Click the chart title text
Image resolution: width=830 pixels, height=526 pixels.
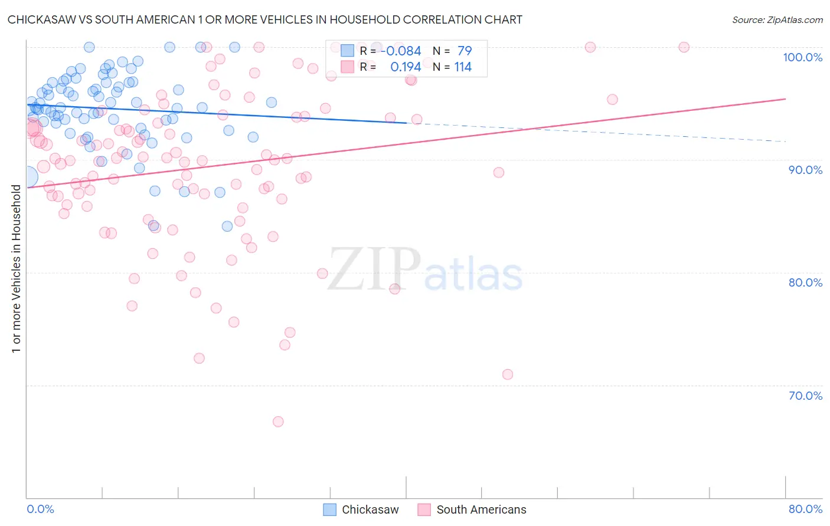264,19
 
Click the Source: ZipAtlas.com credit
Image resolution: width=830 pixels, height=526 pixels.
777,19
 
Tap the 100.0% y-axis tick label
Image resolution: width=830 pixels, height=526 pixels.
802,57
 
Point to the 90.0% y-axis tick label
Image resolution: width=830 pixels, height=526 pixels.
805,170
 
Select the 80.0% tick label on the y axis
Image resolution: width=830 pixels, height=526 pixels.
805,282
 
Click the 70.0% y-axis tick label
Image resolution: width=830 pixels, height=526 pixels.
805,396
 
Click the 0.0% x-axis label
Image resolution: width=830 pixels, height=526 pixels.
40,509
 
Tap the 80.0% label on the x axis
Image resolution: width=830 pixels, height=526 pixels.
805,509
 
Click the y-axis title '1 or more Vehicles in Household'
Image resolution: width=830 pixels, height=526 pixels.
16,269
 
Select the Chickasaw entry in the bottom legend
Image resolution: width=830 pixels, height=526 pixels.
370,509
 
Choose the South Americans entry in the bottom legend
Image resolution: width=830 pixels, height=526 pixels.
481,509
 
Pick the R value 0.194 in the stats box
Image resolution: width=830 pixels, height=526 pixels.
406,67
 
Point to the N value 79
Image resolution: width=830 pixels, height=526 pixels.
465,51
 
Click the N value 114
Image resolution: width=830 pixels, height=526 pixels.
463,67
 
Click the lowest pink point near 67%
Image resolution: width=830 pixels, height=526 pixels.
278,422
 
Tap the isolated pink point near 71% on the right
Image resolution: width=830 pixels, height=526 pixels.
508,374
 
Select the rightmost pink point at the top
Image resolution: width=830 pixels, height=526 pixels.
684,47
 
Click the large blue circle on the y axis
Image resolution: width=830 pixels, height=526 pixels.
28,176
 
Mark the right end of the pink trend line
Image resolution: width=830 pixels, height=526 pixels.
785,99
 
